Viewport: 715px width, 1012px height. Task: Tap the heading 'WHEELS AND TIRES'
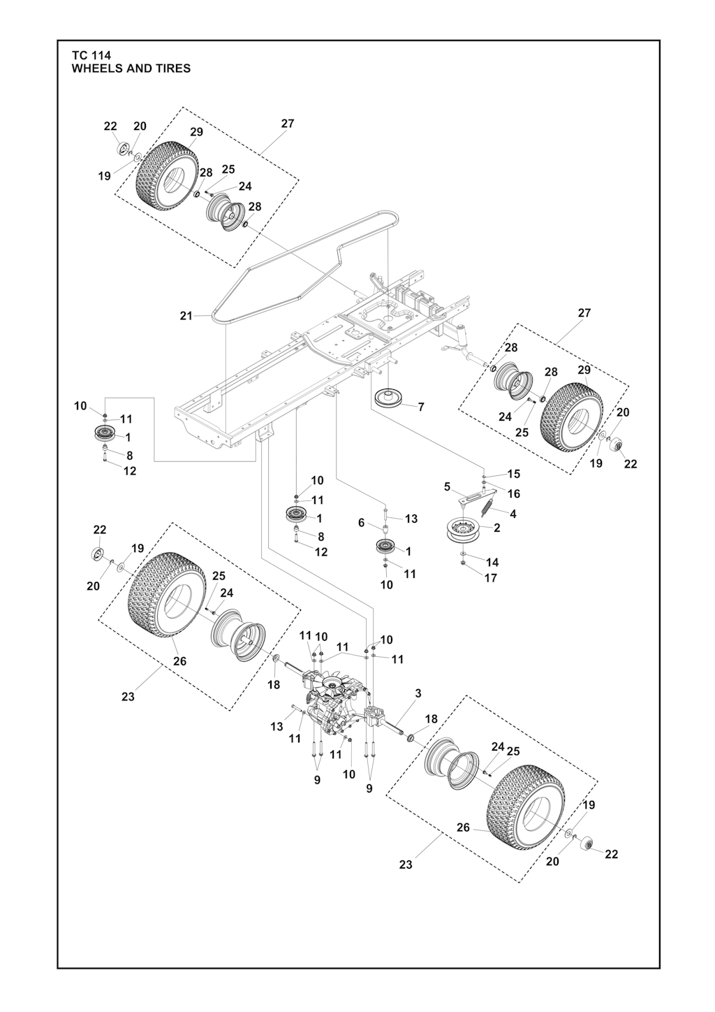click(131, 68)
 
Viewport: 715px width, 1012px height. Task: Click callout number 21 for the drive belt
click(186, 316)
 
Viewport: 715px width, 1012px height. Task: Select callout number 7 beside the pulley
click(421, 407)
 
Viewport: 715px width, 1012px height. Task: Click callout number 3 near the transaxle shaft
click(418, 693)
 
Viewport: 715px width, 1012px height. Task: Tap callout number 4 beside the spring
click(513, 514)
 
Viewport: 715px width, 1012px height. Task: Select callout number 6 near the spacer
click(361, 522)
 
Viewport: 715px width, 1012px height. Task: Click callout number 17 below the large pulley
click(491, 578)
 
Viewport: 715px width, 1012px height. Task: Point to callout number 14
click(492, 562)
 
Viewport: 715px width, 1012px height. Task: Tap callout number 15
click(514, 474)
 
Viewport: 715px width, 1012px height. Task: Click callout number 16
click(514, 493)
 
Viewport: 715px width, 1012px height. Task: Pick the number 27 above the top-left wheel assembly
click(288, 123)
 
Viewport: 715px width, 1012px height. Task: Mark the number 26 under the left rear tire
click(180, 661)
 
